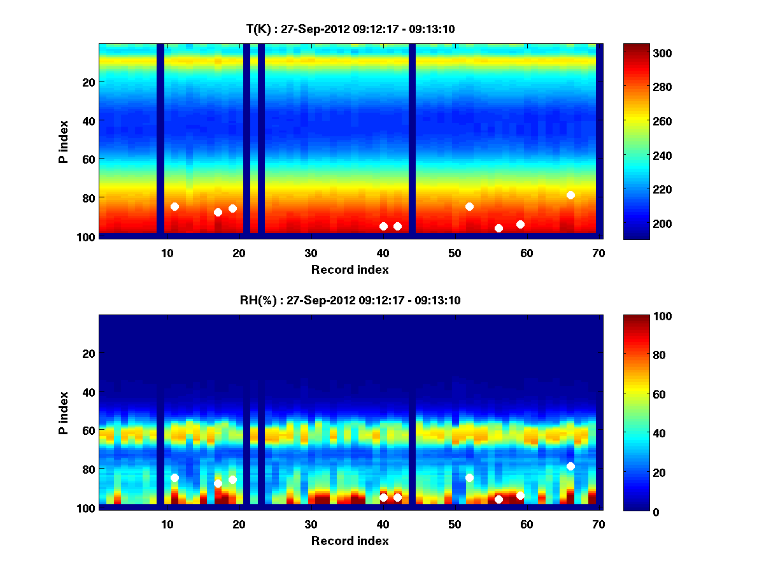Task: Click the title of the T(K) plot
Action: pyautogui.click(x=350, y=29)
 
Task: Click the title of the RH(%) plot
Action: pyautogui.click(x=350, y=300)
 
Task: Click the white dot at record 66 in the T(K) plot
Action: pyautogui.click(x=570, y=195)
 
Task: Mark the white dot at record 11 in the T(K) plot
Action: pyautogui.click(x=174, y=206)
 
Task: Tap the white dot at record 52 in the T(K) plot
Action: pyautogui.click(x=469, y=206)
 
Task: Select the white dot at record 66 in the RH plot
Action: pyautogui.click(x=570, y=466)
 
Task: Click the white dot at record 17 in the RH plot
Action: pyautogui.click(x=218, y=483)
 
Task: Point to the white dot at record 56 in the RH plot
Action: pyautogui.click(x=499, y=499)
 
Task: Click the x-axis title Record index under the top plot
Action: pyautogui.click(x=350, y=269)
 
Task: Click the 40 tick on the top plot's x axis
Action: pyautogui.click(x=383, y=252)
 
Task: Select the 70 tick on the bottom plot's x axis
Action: pyautogui.click(x=598, y=524)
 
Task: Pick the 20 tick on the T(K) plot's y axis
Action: pyautogui.click(x=88, y=81)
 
